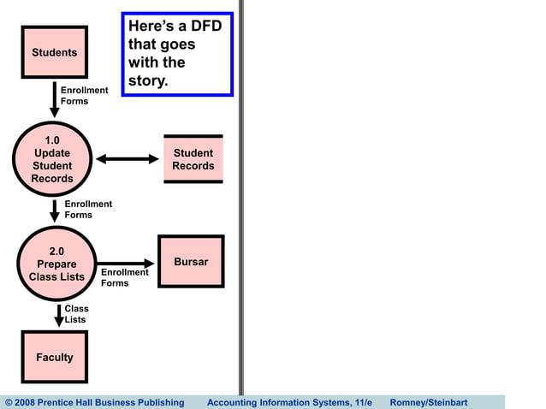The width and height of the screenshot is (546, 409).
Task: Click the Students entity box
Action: (x=54, y=52)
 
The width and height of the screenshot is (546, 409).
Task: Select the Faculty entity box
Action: (x=54, y=357)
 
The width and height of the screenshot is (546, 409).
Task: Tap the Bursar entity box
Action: (x=191, y=262)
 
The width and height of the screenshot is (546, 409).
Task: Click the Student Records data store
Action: (x=193, y=159)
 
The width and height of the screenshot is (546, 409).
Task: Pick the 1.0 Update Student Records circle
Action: (x=52, y=159)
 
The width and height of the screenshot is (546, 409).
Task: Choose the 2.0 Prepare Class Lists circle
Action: (x=56, y=264)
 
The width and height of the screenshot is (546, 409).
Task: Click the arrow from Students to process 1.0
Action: (x=55, y=98)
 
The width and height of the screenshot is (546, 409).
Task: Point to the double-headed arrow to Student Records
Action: (x=128, y=159)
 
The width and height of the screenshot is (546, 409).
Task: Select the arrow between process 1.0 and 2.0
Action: (x=55, y=210)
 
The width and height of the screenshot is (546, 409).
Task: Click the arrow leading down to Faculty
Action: (x=59, y=314)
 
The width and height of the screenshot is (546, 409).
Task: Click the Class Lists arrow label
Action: (x=76, y=314)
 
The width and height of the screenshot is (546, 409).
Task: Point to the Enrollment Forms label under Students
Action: (x=84, y=96)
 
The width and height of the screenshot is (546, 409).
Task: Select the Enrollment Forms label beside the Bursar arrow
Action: (x=124, y=278)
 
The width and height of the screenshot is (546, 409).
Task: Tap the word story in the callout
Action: (x=149, y=81)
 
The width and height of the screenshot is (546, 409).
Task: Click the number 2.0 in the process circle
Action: (x=56, y=252)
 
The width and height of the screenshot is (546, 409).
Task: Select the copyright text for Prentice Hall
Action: (x=94, y=402)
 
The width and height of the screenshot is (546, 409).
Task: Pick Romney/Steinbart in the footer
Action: (x=428, y=402)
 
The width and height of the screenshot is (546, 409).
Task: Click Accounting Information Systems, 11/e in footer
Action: (x=289, y=402)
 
